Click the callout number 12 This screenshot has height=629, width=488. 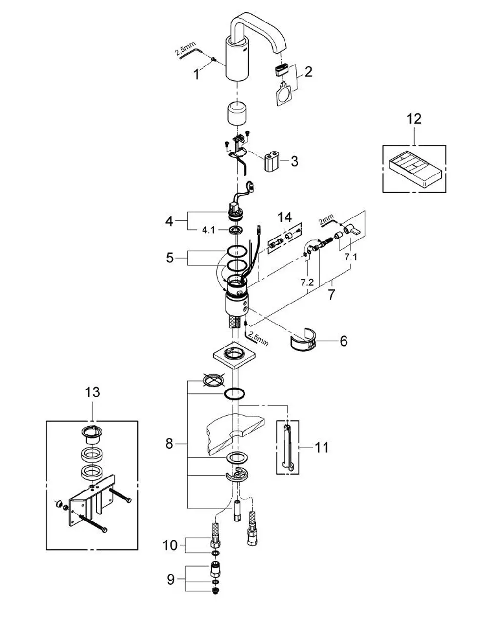[414, 119]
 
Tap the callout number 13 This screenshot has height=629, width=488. [92, 392]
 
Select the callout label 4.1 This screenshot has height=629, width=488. [208, 230]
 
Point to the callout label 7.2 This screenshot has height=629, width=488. [307, 282]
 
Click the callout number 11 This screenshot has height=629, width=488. [321, 447]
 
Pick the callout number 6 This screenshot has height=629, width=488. [344, 341]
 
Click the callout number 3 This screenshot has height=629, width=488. [294, 161]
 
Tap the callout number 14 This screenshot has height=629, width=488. [285, 217]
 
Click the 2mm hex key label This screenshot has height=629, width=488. [326, 219]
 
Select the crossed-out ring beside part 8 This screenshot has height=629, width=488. [214, 379]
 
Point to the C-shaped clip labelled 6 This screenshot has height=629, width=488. [303, 339]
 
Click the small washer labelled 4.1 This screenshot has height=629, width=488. [235, 230]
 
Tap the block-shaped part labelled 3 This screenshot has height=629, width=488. [272, 163]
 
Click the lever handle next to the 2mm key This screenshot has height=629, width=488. [352, 230]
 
